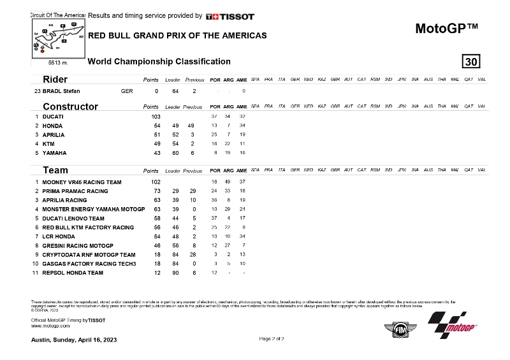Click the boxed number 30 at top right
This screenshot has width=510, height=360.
471,62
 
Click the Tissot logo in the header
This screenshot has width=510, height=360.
230,16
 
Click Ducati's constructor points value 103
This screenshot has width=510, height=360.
155,117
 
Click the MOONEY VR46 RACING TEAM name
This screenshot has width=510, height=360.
82,182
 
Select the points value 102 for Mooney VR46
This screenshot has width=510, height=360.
155,182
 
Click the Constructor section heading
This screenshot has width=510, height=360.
70,106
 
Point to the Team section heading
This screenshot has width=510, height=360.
55,171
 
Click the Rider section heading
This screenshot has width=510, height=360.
55,80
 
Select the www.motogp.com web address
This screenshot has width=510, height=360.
50,325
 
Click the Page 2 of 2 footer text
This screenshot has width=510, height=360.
272,338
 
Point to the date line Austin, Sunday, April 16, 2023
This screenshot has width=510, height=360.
74,339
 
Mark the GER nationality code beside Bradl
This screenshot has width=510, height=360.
126,91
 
